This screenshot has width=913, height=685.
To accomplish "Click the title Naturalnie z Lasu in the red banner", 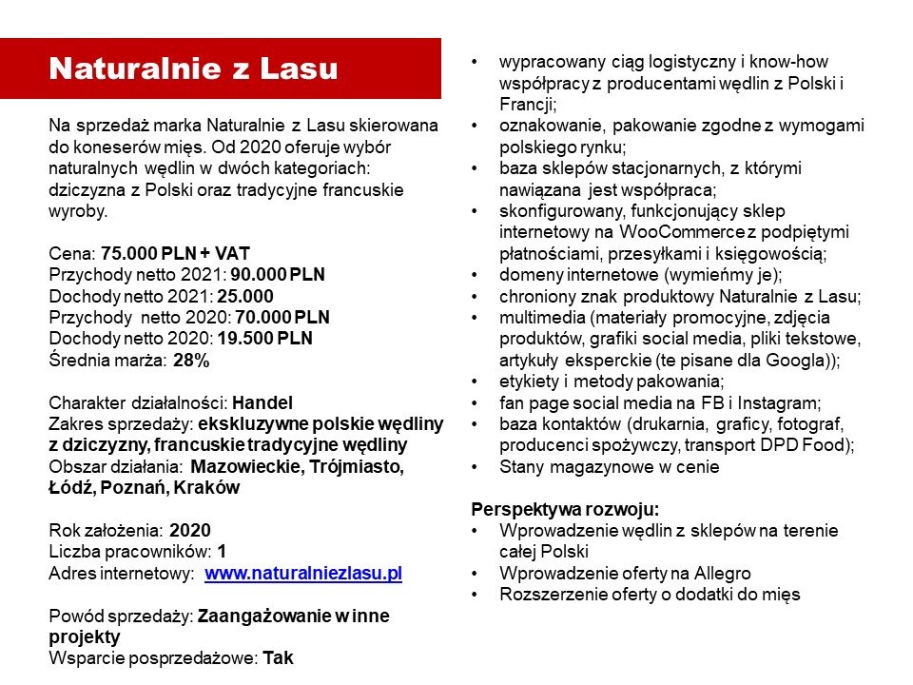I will pos(193,68).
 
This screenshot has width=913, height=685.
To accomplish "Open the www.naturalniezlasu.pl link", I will pos(303,573).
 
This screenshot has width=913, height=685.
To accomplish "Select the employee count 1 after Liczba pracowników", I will pos(222,552).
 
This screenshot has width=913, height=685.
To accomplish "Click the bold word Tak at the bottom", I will pos(278,657).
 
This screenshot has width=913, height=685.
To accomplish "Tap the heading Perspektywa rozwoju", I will pos(566,508).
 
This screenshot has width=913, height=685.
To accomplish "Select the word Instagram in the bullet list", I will pos(783,402).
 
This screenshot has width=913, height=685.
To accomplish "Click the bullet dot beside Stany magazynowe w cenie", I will pos(476,467).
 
